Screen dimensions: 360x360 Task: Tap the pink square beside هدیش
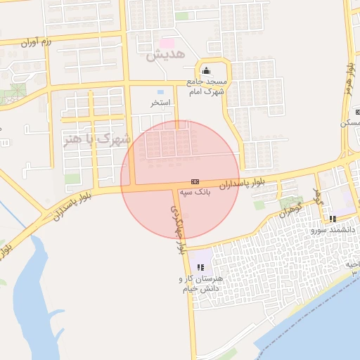(168, 44)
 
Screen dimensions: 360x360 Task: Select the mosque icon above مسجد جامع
(206, 70)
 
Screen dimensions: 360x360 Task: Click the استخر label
(160, 103)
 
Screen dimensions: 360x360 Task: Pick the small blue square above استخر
(160, 92)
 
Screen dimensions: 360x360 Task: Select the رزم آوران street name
(36, 43)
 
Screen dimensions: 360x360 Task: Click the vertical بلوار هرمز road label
(349, 82)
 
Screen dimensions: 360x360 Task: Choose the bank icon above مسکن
(358, 112)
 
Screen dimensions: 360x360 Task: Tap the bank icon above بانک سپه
(195, 181)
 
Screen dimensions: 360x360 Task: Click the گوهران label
(290, 209)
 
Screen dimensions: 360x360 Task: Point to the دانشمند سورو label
(336, 229)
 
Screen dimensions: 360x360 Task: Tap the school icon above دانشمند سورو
(332, 219)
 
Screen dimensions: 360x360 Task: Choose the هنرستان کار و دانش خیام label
(200, 283)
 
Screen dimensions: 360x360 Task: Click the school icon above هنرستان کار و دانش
(200, 267)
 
